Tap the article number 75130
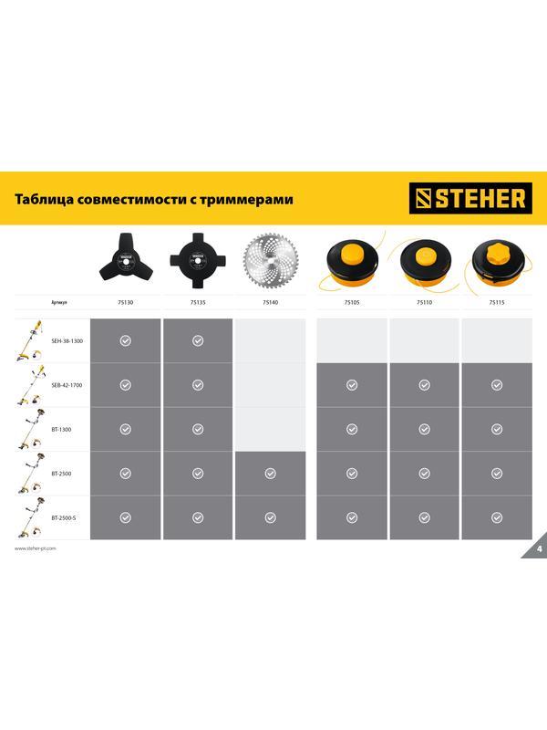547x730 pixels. [125, 301]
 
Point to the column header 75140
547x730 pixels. [270, 301]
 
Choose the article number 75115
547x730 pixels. [496, 301]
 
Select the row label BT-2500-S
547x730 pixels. [65, 517]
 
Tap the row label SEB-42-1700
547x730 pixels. [67, 385]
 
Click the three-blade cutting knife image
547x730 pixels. [125, 259]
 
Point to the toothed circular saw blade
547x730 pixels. [270, 259]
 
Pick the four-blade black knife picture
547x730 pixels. [198, 259]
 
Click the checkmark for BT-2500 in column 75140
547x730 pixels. [270, 474]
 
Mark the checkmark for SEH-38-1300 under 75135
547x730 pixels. [198, 340]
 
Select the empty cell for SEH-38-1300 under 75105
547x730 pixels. [352, 340]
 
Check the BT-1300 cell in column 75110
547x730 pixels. [424, 429]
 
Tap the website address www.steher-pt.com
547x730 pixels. [36, 548]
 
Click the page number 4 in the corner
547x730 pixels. [539, 548]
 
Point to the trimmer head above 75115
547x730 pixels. [496, 259]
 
